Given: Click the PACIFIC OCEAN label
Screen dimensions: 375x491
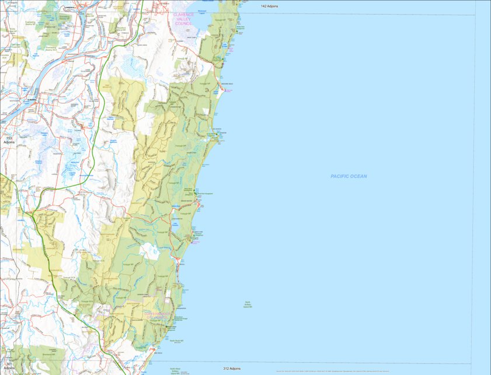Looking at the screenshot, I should (349, 176).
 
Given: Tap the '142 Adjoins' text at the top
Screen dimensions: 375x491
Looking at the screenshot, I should (269, 6).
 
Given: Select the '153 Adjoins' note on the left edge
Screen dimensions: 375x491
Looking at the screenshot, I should (9, 140).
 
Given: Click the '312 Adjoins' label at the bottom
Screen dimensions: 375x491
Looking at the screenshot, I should (231, 369).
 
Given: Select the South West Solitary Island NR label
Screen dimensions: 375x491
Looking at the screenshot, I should (175, 370).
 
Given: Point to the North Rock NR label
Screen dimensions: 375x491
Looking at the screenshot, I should (176, 341).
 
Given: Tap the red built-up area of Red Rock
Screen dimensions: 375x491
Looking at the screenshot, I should (153, 351).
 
